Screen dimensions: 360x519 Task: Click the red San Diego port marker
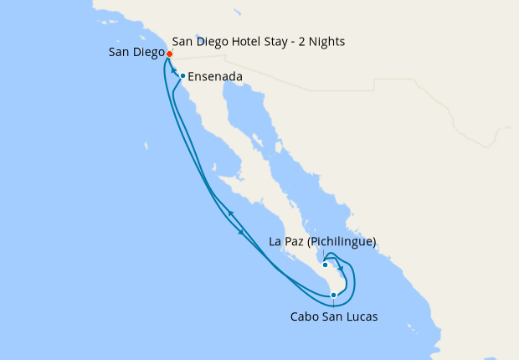tap(169, 54)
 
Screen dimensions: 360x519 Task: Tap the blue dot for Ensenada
tap(182, 76)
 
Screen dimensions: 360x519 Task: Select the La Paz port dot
tap(325, 265)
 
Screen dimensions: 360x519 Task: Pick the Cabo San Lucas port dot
tap(333, 295)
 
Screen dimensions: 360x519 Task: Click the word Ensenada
tap(215, 77)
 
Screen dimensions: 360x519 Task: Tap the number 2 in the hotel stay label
tap(299, 41)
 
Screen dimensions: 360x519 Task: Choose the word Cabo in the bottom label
tap(305, 316)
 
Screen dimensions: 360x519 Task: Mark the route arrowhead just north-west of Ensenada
tap(175, 71)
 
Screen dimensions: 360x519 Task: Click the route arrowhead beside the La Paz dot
tap(341, 268)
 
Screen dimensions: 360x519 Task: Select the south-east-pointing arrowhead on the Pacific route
tap(242, 232)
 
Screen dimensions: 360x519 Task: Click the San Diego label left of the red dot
tap(136, 53)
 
